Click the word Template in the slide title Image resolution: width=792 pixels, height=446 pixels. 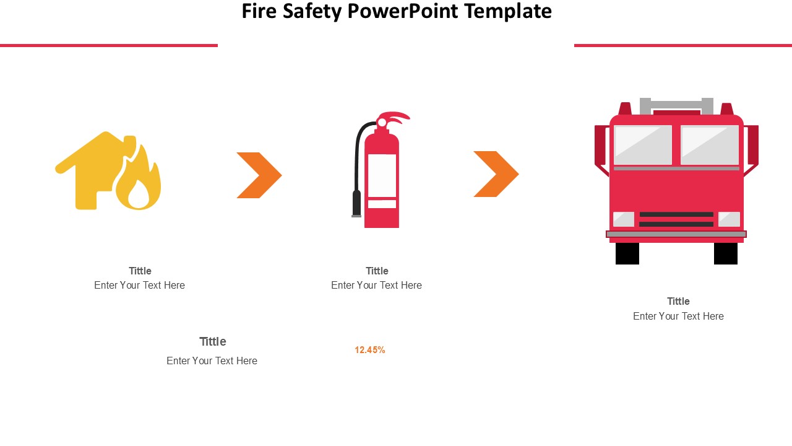point(508,12)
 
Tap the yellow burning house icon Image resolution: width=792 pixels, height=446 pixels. point(108,170)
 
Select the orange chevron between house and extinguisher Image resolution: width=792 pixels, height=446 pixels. point(259,175)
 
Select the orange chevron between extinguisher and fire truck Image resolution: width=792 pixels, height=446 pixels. point(496,174)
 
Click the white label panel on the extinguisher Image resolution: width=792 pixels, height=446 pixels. point(382,175)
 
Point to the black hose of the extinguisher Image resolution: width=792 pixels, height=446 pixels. point(358,167)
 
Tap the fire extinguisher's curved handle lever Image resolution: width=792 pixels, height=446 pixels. point(396,118)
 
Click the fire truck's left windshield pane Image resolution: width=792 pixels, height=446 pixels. point(643,145)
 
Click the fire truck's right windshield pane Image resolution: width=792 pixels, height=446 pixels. point(710,145)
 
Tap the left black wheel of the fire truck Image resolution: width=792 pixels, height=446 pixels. point(627,253)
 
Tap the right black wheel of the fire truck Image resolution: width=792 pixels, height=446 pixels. point(726,253)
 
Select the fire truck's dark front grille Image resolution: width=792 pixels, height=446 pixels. point(676,219)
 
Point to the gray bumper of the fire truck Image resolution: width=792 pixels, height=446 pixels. point(676,234)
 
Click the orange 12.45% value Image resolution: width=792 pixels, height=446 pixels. point(370,350)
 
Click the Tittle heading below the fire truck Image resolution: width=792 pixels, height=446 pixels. point(678,301)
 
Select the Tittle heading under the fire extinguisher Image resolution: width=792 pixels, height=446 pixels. point(377,271)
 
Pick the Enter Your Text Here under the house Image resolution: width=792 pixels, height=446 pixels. point(139,286)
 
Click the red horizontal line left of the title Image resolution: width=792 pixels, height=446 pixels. point(109,45)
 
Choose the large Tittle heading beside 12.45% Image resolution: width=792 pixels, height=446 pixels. point(212,341)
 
